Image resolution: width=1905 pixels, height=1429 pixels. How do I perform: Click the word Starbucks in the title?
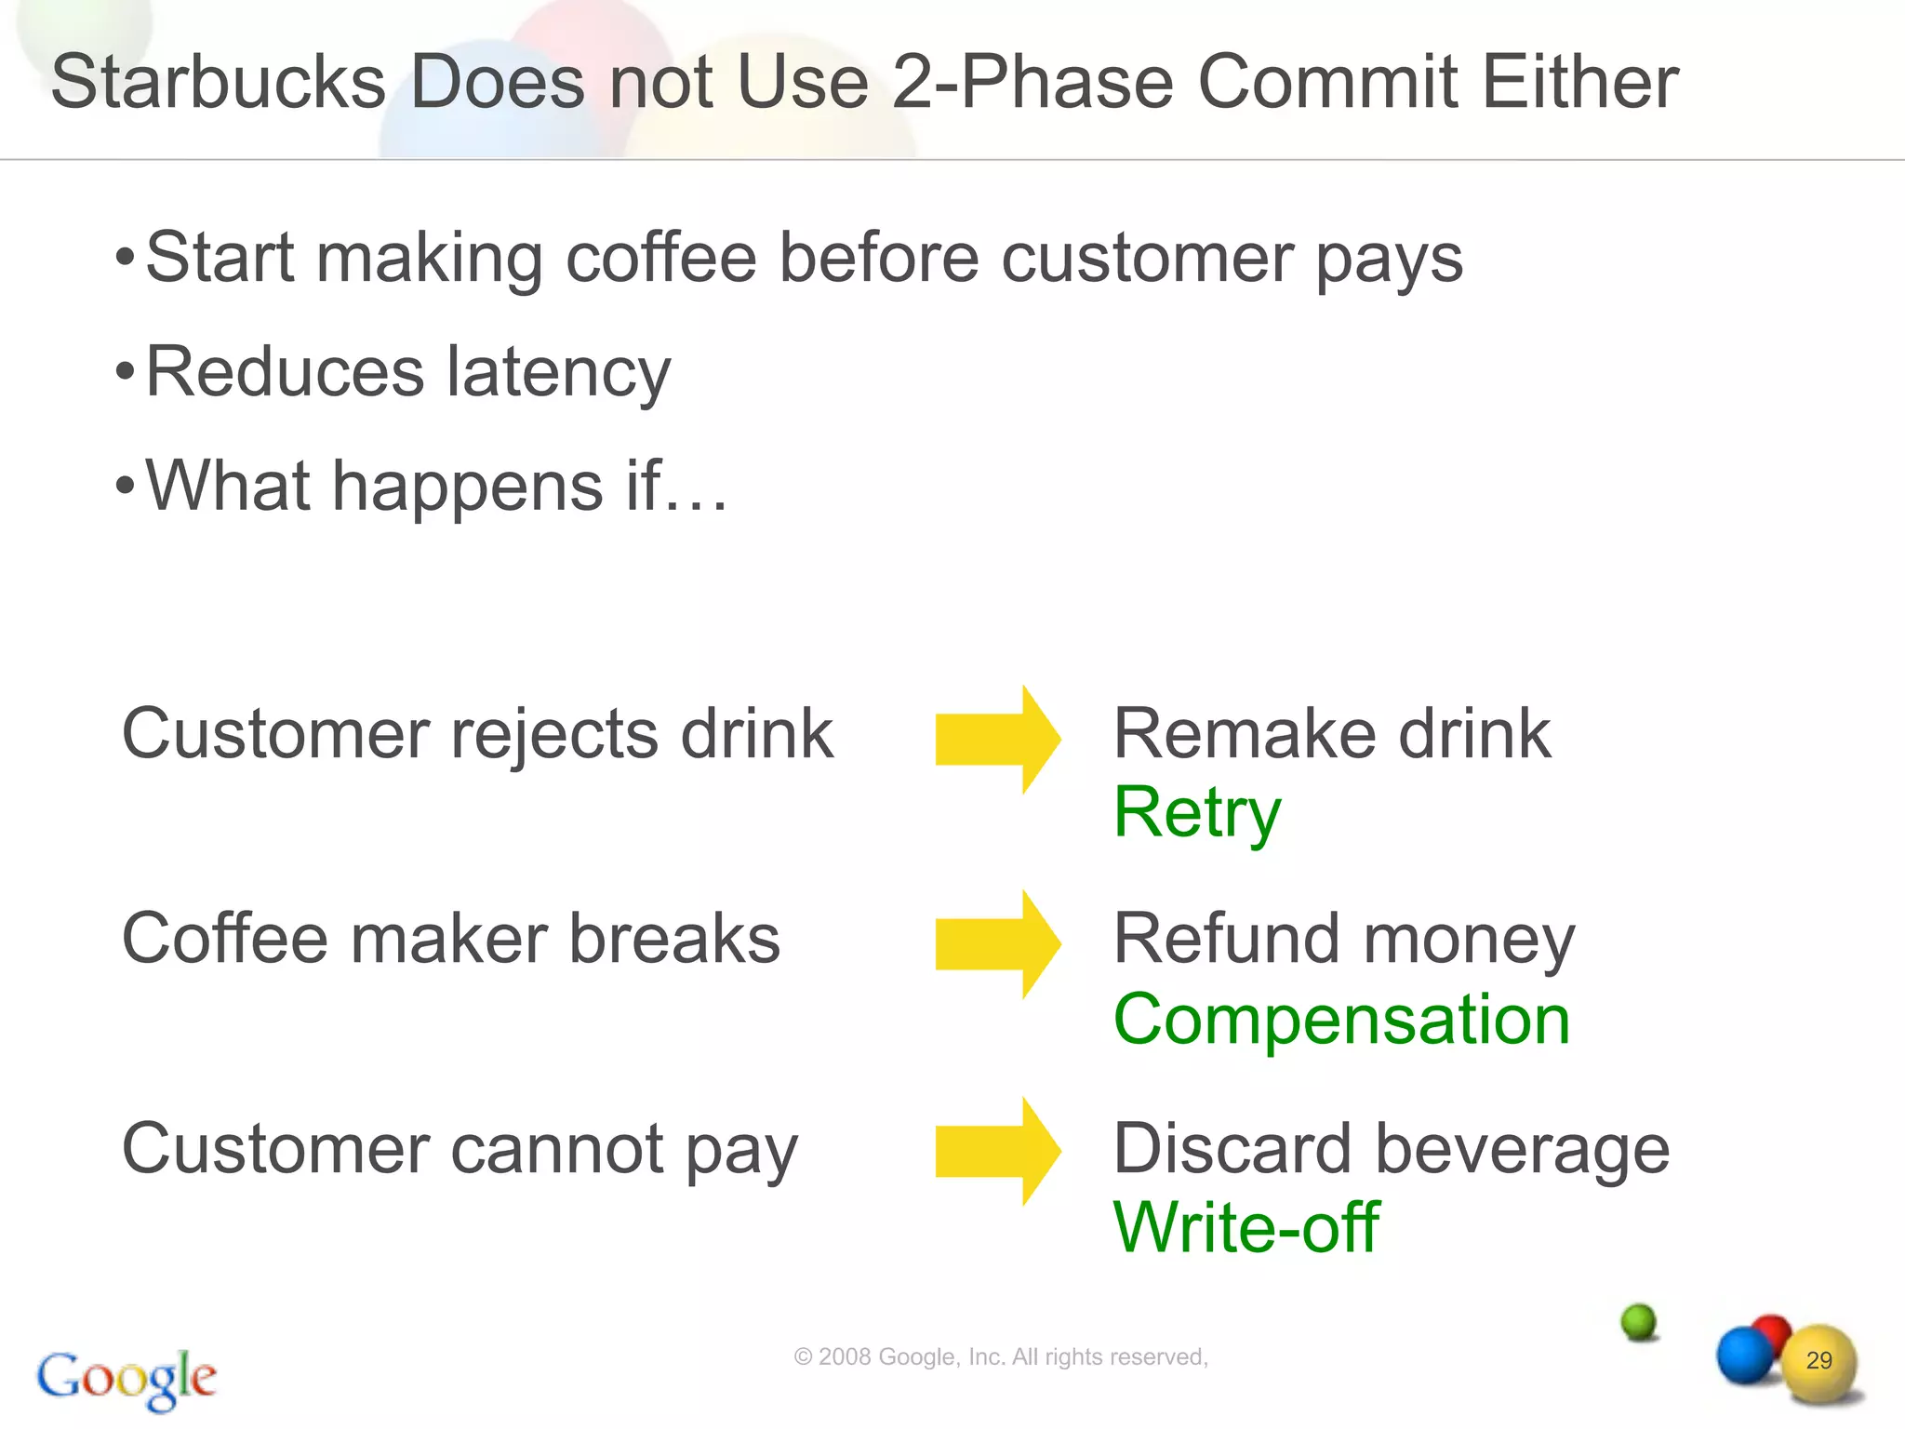tap(218, 82)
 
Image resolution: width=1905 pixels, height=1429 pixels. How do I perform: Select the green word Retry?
tap(1197, 813)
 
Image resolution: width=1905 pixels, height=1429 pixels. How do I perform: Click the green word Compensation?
tap(1341, 1020)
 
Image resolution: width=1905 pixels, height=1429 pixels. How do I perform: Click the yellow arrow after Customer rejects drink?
tap(997, 740)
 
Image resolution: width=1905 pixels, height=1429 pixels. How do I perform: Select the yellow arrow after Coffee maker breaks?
tap(997, 944)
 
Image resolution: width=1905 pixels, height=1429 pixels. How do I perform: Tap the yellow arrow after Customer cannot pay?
tap(997, 1152)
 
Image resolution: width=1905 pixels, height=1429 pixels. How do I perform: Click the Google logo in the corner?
tap(127, 1378)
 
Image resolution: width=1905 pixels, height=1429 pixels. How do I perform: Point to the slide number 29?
tap(1818, 1360)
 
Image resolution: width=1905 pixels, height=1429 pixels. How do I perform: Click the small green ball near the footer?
tap(1639, 1321)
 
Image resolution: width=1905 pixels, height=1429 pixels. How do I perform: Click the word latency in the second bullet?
tap(558, 372)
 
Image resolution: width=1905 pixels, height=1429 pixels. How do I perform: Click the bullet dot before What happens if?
tap(126, 486)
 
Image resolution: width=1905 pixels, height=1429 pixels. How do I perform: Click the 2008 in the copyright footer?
tap(845, 1357)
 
